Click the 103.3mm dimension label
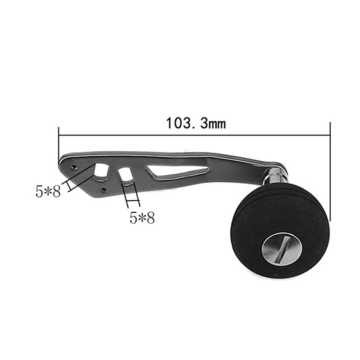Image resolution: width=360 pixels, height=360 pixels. (x=196, y=123)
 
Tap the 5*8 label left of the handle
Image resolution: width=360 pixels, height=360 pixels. (x=48, y=192)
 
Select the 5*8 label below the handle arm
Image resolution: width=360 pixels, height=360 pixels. (x=142, y=217)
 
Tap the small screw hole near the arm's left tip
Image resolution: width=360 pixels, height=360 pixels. (x=74, y=167)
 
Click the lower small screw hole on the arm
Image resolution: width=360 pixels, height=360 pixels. (x=104, y=189)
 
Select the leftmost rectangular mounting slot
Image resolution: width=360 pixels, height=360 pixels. (x=101, y=172)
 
